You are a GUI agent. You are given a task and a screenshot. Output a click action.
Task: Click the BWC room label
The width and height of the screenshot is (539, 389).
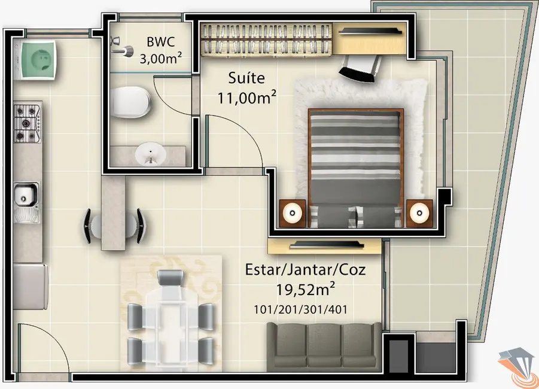[x=160, y=42]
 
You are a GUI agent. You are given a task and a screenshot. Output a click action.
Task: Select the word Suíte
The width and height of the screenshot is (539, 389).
[x=246, y=78]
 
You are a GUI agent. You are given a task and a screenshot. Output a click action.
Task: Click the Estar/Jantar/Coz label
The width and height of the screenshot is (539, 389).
[x=305, y=269]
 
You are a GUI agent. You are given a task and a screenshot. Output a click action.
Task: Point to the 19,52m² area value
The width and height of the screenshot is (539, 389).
[x=305, y=290]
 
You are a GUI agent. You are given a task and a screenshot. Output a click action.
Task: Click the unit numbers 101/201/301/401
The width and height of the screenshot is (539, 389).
[x=300, y=309]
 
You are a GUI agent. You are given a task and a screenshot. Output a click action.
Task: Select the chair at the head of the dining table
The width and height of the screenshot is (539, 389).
[x=170, y=279]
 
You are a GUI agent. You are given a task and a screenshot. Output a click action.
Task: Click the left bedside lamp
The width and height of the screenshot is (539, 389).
[x=293, y=212]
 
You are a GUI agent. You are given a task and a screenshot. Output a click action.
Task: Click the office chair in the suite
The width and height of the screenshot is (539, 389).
[x=361, y=64]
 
